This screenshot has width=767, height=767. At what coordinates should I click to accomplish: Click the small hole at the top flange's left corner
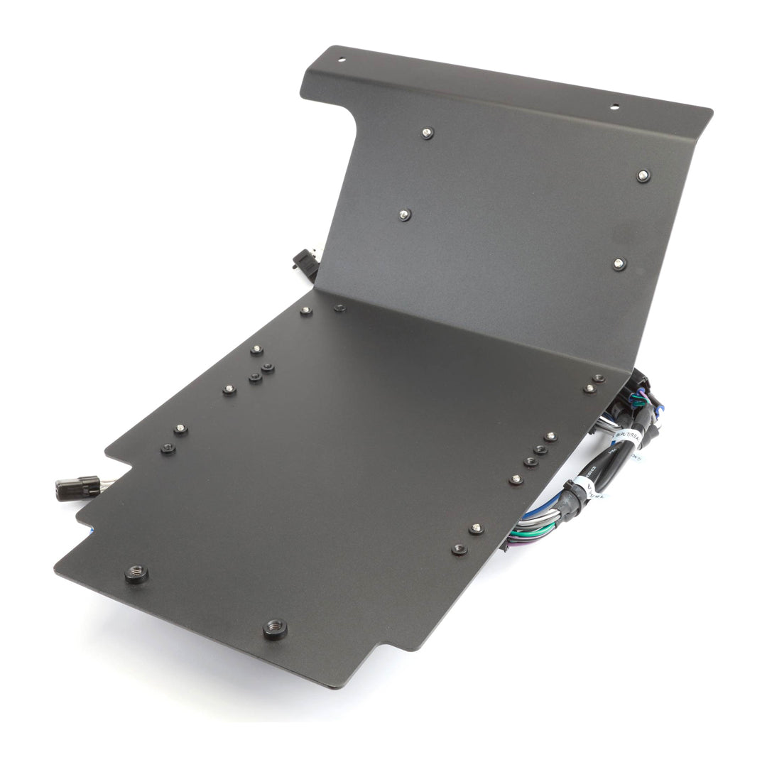point(341,60)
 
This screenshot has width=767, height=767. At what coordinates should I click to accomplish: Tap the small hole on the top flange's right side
point(615,107)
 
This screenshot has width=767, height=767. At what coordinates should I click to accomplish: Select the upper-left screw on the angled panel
point(426,132)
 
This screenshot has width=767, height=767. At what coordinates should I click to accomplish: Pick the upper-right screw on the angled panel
point(643,175)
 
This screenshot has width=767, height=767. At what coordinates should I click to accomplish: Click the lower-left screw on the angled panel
point(404,214)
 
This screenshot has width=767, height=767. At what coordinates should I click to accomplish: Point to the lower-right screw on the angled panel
point(619,263)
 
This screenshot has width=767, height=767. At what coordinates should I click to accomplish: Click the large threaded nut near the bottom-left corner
point(136,573)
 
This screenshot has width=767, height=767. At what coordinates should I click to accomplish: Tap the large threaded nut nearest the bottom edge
point(275,628)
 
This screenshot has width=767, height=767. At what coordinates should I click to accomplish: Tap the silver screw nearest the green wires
point(477,528)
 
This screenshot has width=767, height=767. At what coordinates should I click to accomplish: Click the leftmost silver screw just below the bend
point(306,311)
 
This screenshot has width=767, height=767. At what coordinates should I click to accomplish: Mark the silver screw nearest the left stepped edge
point(180,429)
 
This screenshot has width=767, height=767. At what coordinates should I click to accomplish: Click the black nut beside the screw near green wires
point(459,549)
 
